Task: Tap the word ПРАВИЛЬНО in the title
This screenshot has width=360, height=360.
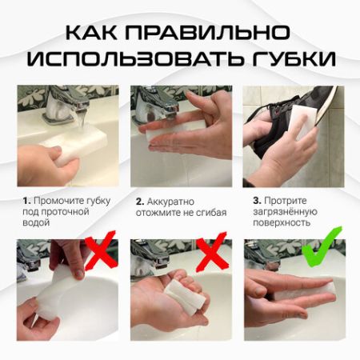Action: (211, 33)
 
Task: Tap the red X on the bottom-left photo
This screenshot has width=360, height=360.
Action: (99, 254)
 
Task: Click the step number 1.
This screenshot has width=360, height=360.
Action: (26, 199)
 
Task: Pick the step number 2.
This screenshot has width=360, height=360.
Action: (139, 201)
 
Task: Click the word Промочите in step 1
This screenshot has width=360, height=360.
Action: (57, 199)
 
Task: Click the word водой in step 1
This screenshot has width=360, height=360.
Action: (35, 223)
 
